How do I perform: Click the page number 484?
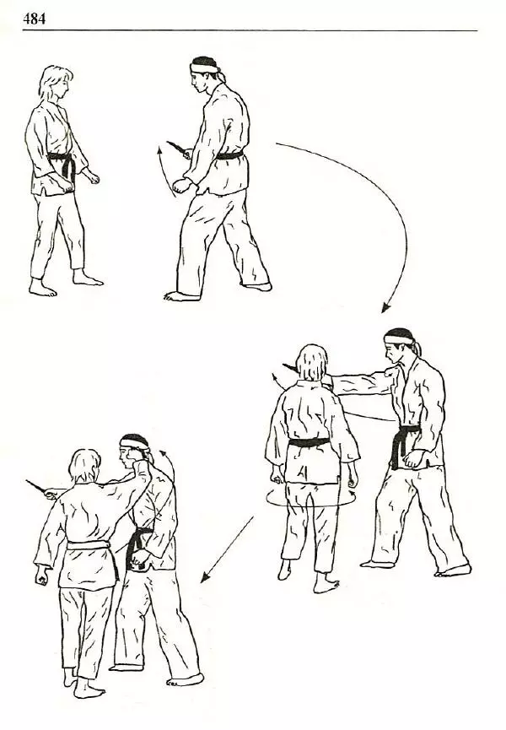pos(34,19)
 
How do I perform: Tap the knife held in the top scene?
pos(177,148)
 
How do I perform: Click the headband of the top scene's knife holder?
pos(205,68)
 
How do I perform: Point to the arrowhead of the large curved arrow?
pos(385,307)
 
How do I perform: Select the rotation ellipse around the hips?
pos(310,499)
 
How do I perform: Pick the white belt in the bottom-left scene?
pos(89,545)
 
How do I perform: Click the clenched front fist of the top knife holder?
pos(180,186)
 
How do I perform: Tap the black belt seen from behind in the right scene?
pos(309,442)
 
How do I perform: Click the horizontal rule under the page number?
pos(250,30)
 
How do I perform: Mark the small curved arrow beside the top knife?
pos(163,170)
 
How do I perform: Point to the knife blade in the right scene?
pos(290,368)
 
